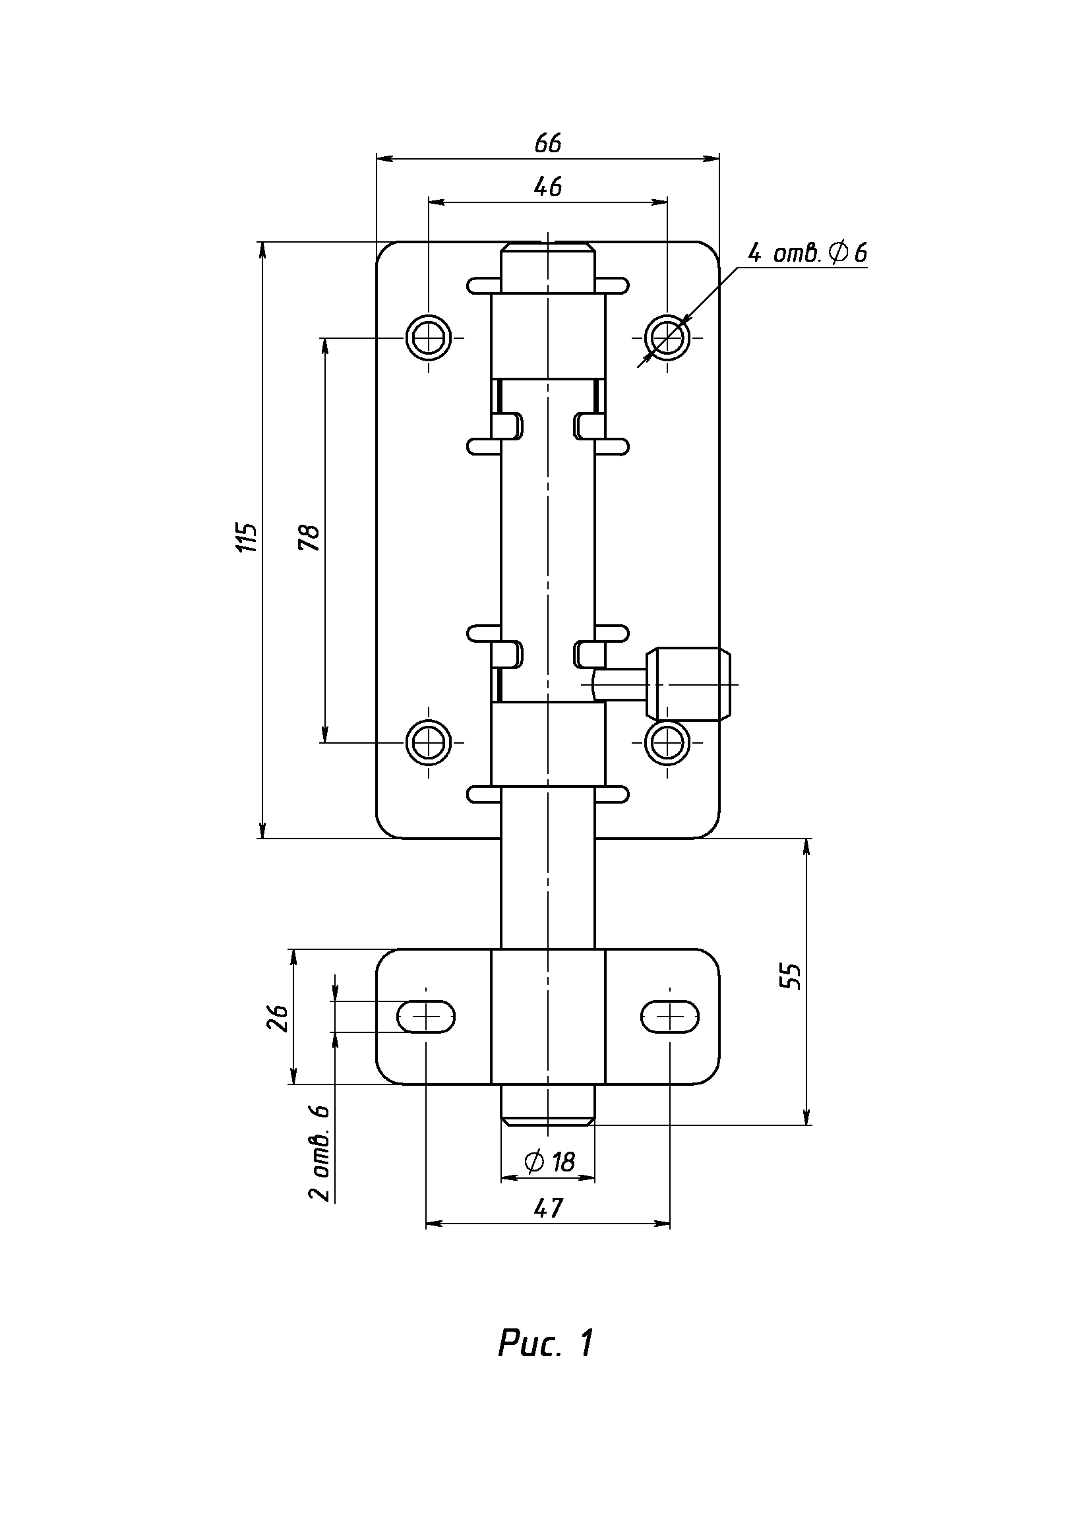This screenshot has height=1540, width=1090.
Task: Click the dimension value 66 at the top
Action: click(x=548, y=144)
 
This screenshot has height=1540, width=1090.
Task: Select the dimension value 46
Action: click(x=548, y=187)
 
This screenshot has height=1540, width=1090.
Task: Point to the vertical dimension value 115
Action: click(x=249, y=536)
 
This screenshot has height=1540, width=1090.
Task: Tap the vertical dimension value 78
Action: click(x=310, y=537)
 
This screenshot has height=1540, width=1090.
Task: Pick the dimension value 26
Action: click(x=278, y=1018)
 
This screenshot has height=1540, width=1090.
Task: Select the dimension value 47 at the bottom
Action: click(x=548, y=1208)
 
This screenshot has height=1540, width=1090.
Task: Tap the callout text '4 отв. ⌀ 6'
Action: click(x=807, y=253)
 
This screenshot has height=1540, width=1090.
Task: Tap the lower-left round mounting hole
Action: click(x=427, y=742)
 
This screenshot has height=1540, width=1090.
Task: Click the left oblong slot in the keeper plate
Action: click(x=427, y=1017)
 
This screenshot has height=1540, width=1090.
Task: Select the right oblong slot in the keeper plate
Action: click(x=670, y=1017)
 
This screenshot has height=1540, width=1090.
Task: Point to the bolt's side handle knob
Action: click(x=690, y=684)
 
